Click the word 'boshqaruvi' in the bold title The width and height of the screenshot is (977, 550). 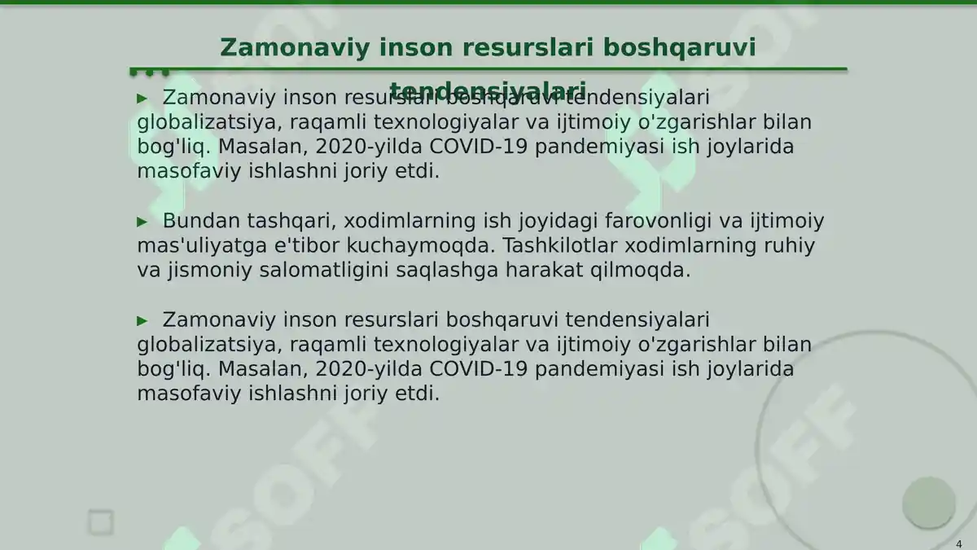click(679, 47)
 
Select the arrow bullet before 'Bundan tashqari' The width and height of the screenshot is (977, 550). click(142, 222)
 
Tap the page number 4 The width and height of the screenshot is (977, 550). click(958, 543)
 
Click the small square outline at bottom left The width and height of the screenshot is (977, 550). click(101, 522)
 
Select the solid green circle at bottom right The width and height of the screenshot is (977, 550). click(928, 502)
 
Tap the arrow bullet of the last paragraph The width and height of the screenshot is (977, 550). click(142, 320)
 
